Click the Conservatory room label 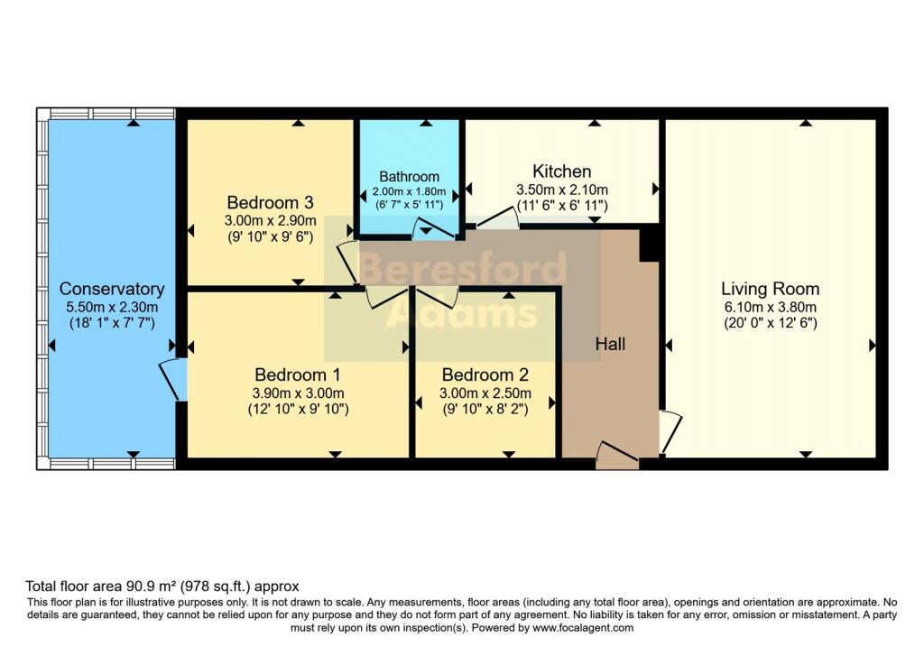[112, 289]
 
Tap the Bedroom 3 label [270, 201]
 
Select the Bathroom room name [409, 177]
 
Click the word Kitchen [561, 171]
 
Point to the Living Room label [770, 289]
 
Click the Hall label [610, 344]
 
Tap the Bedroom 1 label [297, 374]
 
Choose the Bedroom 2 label [485, 374]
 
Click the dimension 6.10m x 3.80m [770, 306]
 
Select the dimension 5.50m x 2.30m [112, 307]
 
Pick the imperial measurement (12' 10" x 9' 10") [297, 409]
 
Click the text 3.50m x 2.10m [561, 189]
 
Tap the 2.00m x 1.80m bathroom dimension [409, 192]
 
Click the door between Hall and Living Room [670, 431]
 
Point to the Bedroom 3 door [347, 263]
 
